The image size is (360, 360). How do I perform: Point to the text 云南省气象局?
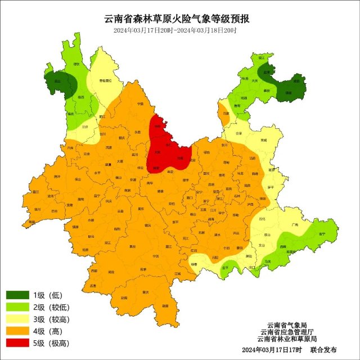(x=287, y=325)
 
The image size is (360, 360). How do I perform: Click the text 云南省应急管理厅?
(x=287, y=332)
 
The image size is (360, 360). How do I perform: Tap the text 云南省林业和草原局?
(x=287, y=339)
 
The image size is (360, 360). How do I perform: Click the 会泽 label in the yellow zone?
(x=238, y=133)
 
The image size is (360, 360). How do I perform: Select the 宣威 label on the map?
(x=263, y=140)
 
